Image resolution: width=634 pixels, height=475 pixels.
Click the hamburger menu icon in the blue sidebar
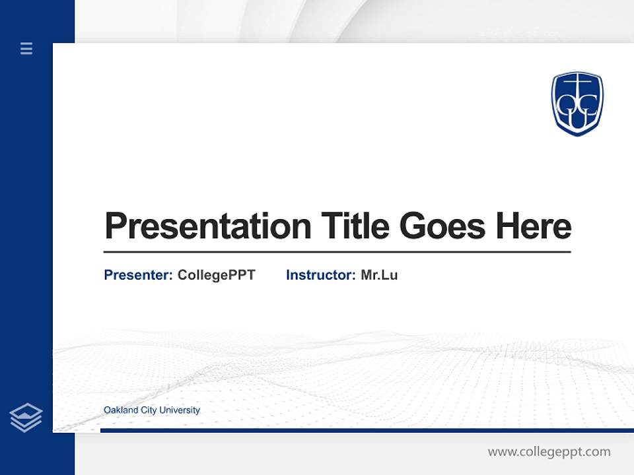coord(26,48)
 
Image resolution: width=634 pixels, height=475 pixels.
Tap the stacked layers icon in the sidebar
coord(26,418)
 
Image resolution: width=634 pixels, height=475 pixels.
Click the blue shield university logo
coord(577,104)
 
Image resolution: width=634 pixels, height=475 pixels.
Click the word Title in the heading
coord(355,226)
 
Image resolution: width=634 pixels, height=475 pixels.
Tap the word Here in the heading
coord(534,226)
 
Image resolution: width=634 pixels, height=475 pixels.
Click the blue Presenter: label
coord(139,275)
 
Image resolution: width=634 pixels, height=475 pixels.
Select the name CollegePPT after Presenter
coord(216,275)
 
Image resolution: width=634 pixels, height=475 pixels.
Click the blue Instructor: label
coord(321,275)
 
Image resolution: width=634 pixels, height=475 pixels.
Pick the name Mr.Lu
coord(379,275)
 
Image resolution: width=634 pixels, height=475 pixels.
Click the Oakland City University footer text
coord(152,410)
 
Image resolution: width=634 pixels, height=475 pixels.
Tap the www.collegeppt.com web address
coord(549,452)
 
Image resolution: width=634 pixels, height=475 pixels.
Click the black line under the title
coord(337,251)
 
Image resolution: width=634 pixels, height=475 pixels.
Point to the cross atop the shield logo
coord(577,83)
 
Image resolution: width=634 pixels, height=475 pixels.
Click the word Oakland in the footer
coord(121,410)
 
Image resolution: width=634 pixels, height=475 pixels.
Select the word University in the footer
coord(180,410)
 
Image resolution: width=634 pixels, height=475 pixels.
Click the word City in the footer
coord(150,410)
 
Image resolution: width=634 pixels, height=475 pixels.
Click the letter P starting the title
coord(115,226)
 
